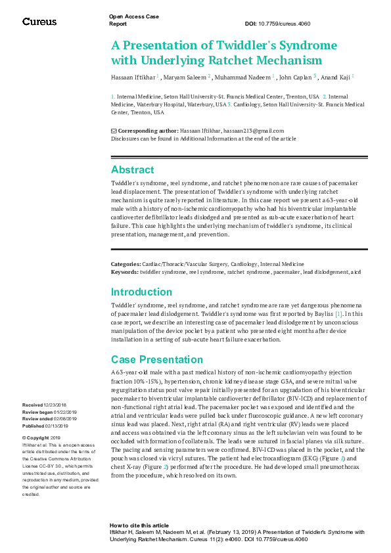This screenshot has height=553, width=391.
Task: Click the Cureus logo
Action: pyautogui.click(x=39, y=22)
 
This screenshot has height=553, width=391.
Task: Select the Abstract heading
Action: pyautogui.click(x=132, y=169)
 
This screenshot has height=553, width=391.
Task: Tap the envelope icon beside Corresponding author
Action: pyautogui.click(x=114, y=131)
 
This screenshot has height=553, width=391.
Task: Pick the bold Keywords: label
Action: pyautogui.click(x=124, y=271)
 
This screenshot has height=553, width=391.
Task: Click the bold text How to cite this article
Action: pyautogui.click(x=139, y=525)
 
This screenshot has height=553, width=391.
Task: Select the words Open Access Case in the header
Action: pyautogui.click(x=133, y=16)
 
